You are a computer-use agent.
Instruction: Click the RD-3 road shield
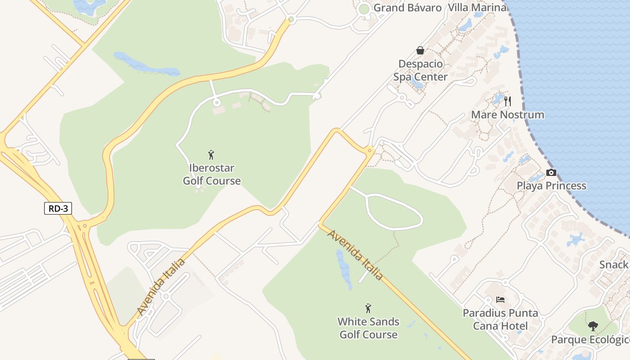[x=58, y=208]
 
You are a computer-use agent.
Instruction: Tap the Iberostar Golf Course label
[x=211, y=175]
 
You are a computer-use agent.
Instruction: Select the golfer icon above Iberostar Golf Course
[x=211, y=155]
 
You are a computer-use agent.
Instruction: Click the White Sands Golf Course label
[x=368, y=328]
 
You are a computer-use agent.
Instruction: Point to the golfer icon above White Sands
[x=368, y=308]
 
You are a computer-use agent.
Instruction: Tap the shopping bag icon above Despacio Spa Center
[x=420, y=50]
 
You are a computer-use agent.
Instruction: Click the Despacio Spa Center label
[x=420, y=71]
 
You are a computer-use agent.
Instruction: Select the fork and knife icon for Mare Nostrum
[x=507, y=101]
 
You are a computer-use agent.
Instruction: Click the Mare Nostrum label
[x=507, y=115]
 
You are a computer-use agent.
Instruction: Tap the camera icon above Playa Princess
[x=551, y=172]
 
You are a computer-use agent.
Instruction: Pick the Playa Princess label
[x=551, y=186]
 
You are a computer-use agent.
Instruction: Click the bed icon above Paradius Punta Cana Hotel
[x=500, y=300]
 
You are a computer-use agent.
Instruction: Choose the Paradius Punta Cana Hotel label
[x=500, y=319]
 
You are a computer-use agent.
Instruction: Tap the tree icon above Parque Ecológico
[x=593, y=326]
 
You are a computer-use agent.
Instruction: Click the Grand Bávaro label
[x=407, y=8]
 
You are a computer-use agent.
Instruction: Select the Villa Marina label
[x=477, y=8]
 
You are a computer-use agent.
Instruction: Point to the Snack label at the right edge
[x=614, y=265]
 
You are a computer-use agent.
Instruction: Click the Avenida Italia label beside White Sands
[x=355, y=255]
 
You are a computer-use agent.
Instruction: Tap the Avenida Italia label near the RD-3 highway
[x=161, y=287]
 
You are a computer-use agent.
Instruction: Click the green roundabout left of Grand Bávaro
[x=364, y=9]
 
